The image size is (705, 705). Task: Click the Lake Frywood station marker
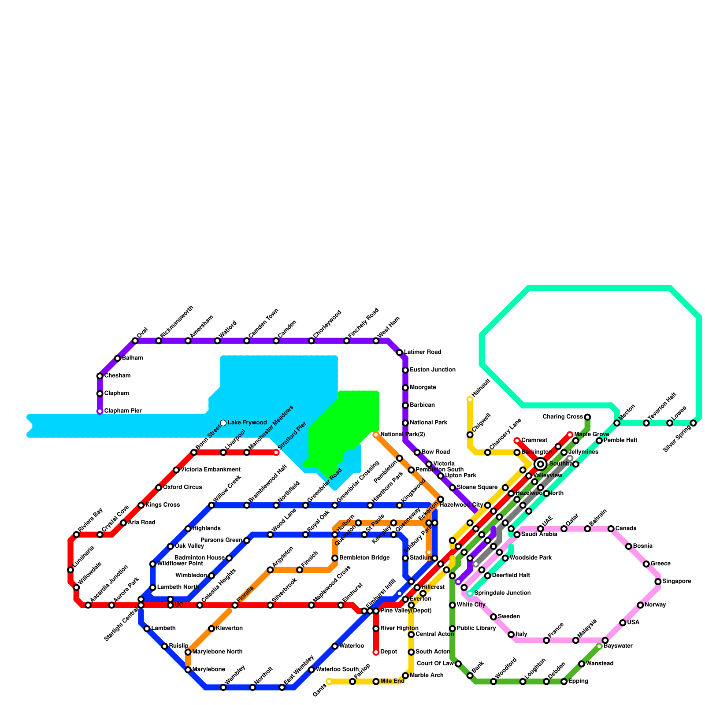(x=223, y=423)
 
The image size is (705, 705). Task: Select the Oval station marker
(x=135, y=341)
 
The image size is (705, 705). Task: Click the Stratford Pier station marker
(x=276, y=453)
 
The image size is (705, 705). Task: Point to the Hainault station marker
(x=470, y=400)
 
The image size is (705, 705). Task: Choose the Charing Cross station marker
(x=587, y=417)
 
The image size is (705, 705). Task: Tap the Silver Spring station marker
(x=693, y=423)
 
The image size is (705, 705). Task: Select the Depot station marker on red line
(x=376, y=652)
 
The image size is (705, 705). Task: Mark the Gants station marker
(x=329, y=682)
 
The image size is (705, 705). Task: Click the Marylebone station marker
(x=188, y=670)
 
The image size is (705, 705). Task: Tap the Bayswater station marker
(x=599, y=646)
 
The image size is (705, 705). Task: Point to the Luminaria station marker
(x=70, y=570)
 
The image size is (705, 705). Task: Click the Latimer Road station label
(x=422, y=352)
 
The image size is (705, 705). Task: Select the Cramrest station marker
(x=517, y=441)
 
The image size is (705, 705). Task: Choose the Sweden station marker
(x=493, y=617)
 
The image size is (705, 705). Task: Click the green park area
(x=344, y=427)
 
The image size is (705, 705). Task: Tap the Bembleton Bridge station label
(x=364, y=558)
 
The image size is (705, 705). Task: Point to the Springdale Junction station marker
(x=470, y=594)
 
